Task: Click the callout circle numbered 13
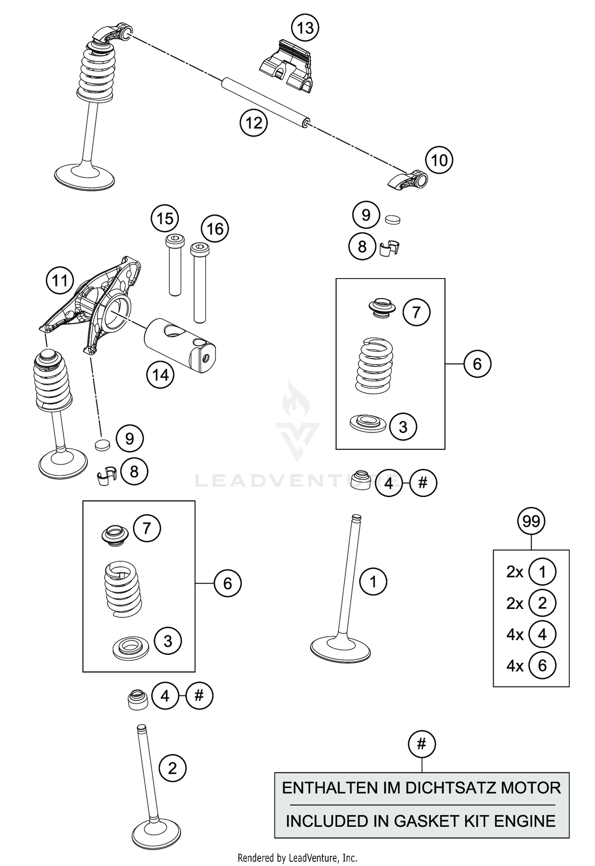coord(305,28)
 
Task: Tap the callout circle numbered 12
coord(253,123)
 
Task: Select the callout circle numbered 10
coord(439,160)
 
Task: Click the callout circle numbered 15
coord(165,219)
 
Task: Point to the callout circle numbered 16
coord(215,229)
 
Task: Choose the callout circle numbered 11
coord(60,281)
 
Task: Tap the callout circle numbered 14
coord(160,375)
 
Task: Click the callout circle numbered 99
coord(531,521)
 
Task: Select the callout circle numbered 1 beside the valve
coord(373,582)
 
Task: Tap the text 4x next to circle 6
coord(515,666)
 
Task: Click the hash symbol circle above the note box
coord(422,744)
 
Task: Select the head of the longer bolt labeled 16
coord(200,250)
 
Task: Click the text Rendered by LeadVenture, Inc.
coord(297,858)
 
